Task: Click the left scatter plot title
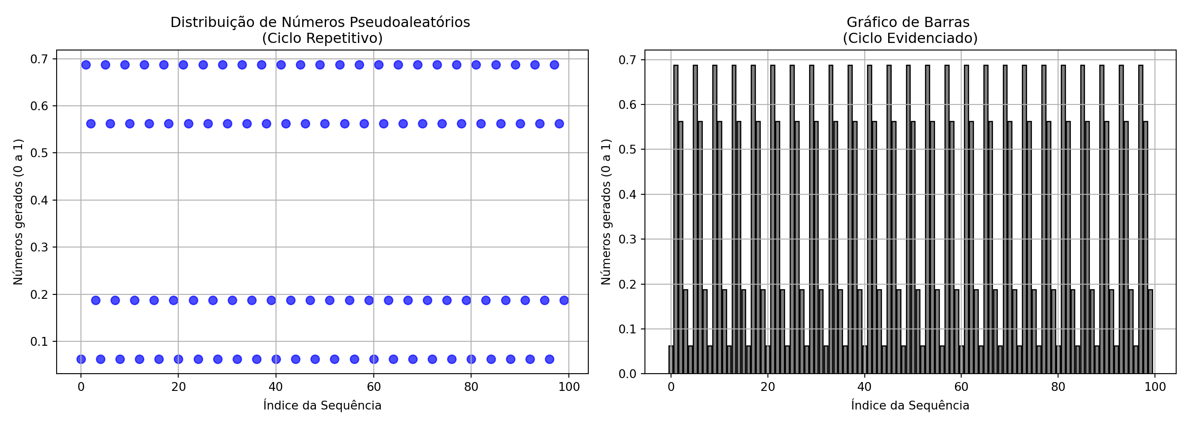(320, 30)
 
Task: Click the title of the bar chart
(910, 30)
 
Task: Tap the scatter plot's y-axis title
(18, 212)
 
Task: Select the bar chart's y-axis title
(606, 212)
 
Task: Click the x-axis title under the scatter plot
(322, 405)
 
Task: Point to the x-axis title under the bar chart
(910, 405)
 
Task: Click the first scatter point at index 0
(81, 359)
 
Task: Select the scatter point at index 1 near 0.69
(86, 65)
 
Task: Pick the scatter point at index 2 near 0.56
(91, 124)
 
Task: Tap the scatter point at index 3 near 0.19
(96, 300)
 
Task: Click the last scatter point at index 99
(564, 300)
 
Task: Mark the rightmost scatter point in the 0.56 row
(559, 124)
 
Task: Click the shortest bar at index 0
(671, 360)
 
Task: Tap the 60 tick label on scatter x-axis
(373, 386)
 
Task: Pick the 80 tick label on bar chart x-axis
(1059, 386)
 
